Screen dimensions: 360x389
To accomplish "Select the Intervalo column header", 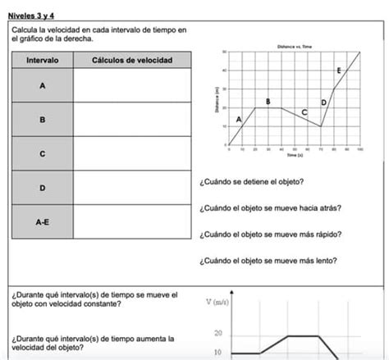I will pyautogui.click(x=42, y=60).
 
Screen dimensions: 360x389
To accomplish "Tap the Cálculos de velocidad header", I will pyautogui.click(x=132, y=60).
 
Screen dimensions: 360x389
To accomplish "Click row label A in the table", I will pyautogui.click(x=42, y=85).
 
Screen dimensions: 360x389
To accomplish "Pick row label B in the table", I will pyautogui.click(x=42, y=120).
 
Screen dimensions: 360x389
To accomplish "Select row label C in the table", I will pyautogui.click(x=42, y=154).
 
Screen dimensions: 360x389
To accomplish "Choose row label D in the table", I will pyautogui.click(x=42, y=189).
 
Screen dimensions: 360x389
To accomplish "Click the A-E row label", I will pyautogui.click(x=42, y=221).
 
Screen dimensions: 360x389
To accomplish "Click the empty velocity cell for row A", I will pyautogui.click(x=132, y=85).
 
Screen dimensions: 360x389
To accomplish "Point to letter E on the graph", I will pyautogui.click(x=339, y=72).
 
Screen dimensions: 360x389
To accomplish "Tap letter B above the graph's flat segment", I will pyautogui.click(x=268, y=101).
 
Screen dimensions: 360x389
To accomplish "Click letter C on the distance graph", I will pyautogui.click(x=304, y=112).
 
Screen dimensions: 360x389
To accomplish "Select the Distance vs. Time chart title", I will pyautogui.click(x=295, y=47).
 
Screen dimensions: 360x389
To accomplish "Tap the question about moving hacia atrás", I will pyautogui.click(x=270, y=207).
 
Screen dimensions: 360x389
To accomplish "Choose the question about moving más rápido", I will pyautogui.click(x=270, y=234).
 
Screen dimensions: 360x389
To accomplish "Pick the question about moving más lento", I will pyautogui.click(x=268, y=262).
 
